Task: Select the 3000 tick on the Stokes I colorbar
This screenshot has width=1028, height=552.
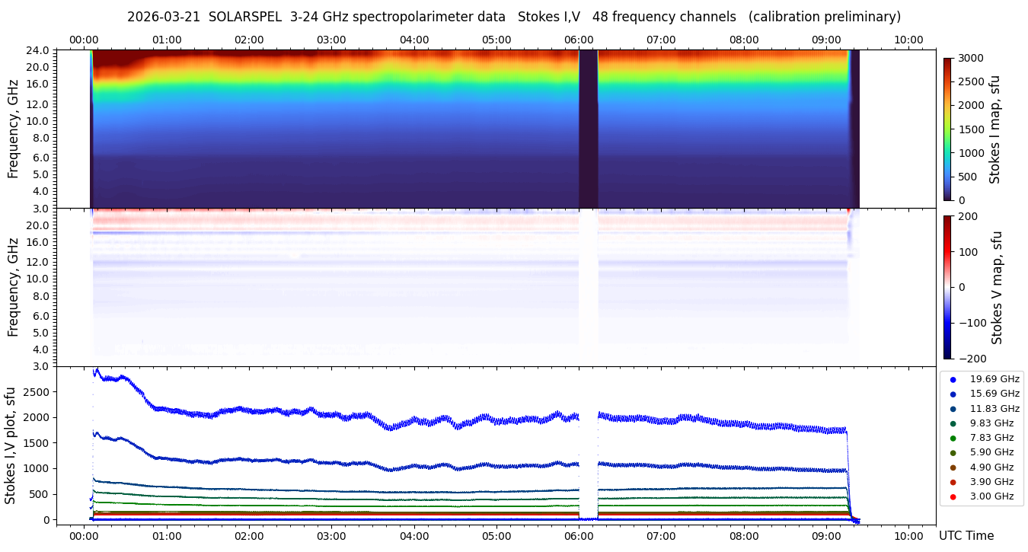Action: [x=971, y=59]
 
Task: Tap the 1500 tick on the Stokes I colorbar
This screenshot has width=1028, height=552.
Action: [x=971, y=129]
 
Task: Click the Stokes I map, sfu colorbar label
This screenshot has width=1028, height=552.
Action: [x=994, y=129]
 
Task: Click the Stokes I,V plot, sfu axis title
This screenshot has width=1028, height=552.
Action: [x=11, y=445]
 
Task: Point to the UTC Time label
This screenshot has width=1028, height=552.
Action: [x=966, y=536]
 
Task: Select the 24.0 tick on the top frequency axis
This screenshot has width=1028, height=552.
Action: [x=40, y=50]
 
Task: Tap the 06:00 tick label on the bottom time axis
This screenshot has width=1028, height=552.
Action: [x=579, y=536]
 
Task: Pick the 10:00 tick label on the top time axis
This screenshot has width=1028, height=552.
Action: [x=908, y=40]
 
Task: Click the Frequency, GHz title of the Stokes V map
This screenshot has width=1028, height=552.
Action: [x=14, y=287]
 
